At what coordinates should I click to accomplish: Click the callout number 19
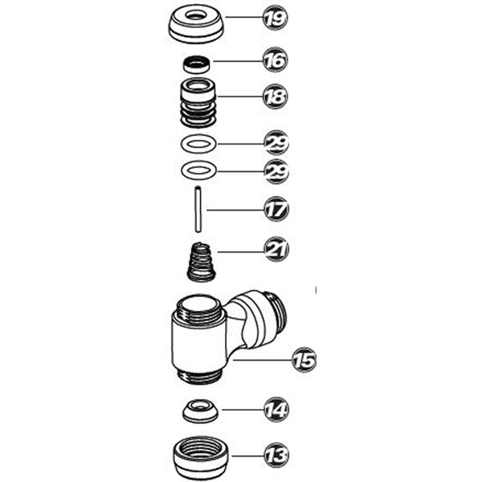276,18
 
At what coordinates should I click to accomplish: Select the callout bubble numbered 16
276,60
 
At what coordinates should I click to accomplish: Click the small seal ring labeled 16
196,61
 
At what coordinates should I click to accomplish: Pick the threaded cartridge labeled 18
197,102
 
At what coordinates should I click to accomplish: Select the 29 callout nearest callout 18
276,144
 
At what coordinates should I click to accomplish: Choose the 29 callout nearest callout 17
276,172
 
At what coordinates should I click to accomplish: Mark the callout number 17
276,210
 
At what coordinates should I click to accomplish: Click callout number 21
276,250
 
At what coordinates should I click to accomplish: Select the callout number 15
304,359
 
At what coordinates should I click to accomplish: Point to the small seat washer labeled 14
198,411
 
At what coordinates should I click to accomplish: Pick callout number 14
276,411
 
